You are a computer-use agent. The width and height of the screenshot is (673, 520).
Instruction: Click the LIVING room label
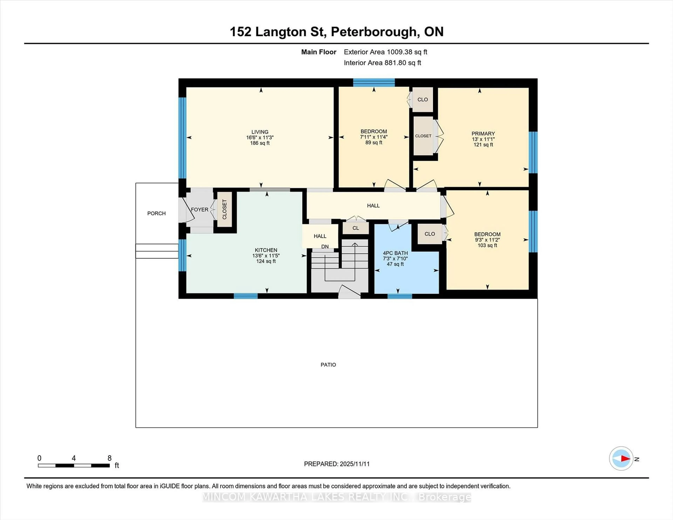point(260,132)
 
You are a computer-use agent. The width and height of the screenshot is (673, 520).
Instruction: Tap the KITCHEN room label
point(266,250)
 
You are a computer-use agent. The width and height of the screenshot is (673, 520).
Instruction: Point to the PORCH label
point(156,213)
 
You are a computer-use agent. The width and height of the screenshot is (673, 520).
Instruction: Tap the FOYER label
point(199,210)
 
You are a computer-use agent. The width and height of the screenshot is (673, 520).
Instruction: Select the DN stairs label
point(325,247)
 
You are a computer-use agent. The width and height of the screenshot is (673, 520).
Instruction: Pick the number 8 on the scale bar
point(109,458)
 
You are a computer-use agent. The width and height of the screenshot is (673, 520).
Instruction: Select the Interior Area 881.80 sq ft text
point(382,63)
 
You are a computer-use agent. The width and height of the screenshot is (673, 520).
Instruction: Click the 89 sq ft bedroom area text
point(373,143)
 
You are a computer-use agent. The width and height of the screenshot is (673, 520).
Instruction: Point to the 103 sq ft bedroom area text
point(487,245)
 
